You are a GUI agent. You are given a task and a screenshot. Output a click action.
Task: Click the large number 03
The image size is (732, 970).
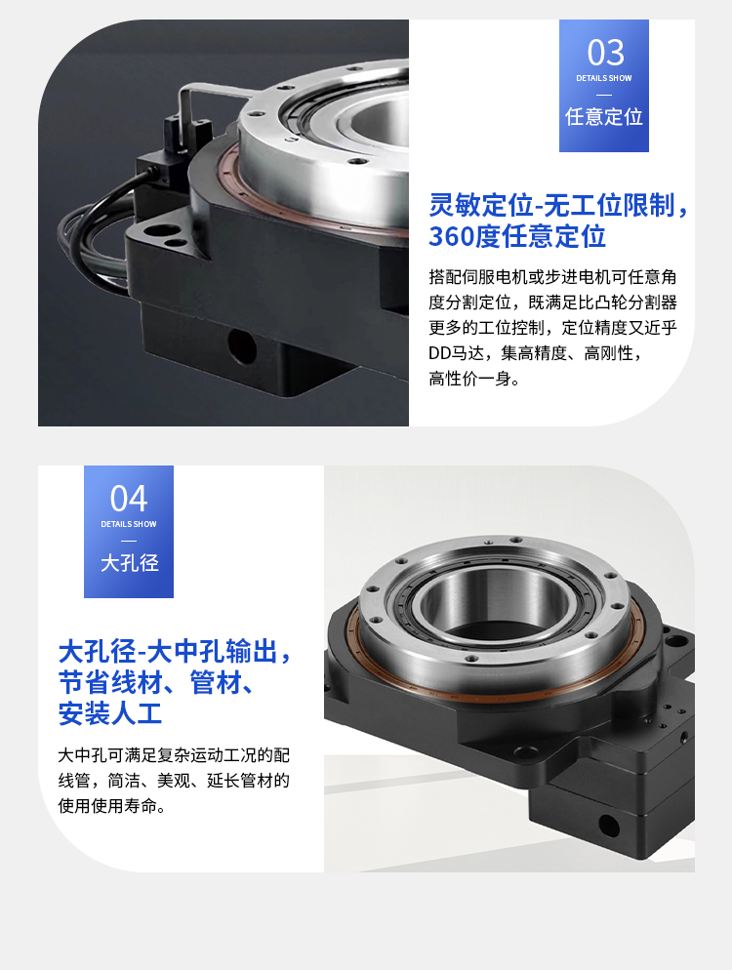(605, 53)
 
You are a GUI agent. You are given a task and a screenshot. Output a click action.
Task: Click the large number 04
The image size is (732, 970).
(129, 499)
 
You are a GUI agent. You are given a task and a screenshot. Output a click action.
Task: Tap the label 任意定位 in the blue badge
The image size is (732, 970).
(604, 116)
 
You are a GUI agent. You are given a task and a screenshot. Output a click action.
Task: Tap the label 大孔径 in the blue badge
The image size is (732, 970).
(130, 562)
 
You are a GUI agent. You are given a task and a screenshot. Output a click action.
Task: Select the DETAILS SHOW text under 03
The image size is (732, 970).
(604, 79)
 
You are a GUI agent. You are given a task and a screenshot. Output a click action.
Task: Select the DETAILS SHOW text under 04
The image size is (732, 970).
(129, 524)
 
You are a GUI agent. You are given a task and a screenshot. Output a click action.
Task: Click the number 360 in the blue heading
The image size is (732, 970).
(447, 236)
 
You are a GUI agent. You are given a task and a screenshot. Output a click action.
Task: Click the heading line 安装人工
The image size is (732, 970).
(110, 713)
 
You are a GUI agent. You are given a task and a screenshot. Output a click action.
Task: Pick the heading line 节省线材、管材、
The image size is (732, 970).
(156, 682)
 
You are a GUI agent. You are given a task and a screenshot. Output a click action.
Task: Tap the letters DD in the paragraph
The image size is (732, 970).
(438, 353)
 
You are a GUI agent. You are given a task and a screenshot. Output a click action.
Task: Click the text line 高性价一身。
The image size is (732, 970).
(474, 379)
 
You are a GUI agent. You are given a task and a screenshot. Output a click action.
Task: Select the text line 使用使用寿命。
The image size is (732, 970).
(111, 805)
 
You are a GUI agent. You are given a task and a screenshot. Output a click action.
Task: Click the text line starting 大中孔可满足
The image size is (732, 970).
(174, 754)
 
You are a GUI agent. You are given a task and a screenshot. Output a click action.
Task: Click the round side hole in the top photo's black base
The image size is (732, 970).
(241, 345)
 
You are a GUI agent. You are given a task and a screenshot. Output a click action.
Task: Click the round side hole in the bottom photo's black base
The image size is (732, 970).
(608, 826)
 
